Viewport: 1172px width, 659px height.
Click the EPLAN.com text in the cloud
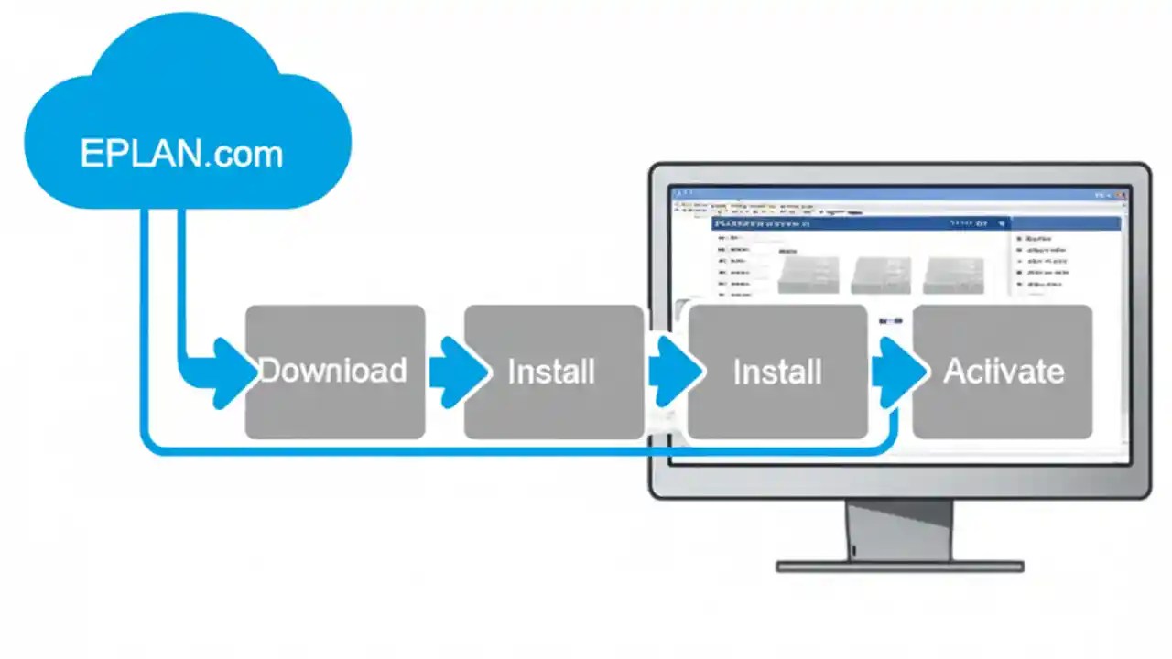click(x=181, y=153)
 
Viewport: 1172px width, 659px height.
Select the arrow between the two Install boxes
click(x=674, y=372)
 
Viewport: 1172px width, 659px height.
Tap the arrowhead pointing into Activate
click(x=897, y=372)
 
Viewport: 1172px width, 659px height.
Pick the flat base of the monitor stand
click(x=899, y=567)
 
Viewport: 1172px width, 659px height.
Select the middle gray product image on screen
click(x=880, y=275)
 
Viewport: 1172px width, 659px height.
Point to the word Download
click(x=332, y=371)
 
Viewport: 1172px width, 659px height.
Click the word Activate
click(x=1004, y=372)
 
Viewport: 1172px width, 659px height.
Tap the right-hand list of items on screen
click(x=1045, y=265)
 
